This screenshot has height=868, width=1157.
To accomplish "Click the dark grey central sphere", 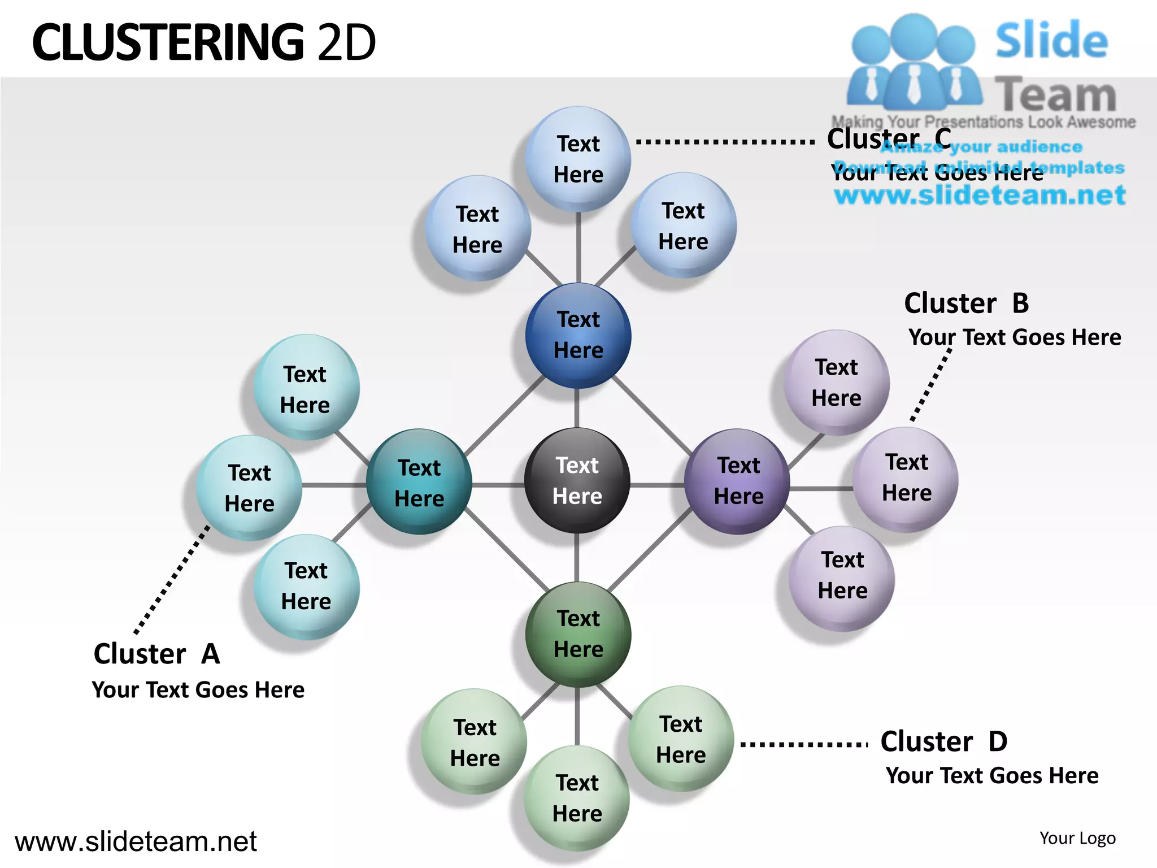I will tap(577, 480).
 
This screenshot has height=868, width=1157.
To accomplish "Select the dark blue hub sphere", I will tap(578, 335).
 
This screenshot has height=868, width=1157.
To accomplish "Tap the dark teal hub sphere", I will tap(419, 482).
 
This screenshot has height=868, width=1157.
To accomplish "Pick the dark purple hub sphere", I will tap(737, 481).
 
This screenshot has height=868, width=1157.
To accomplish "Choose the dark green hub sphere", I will tap(578, 634).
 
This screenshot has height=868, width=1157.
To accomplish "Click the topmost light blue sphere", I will tap(578, 159).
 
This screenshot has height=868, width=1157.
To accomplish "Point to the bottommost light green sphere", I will tap(576, 798).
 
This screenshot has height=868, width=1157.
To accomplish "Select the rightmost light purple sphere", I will tap(906, 479).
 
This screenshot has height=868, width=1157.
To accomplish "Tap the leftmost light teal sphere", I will tap(249, 488).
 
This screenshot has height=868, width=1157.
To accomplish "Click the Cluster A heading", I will tap(156, 654).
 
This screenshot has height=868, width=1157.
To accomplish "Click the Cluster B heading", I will tap(966, 303).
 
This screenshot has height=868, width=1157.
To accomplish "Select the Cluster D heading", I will tap(943, 741).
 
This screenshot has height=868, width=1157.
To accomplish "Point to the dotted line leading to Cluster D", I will tap(803, 744).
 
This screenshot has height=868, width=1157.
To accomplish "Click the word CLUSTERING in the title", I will tap(168, 43).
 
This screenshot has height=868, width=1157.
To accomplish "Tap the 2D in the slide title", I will tap(346, 43).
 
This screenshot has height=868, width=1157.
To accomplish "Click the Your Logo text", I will tap(1077, 838).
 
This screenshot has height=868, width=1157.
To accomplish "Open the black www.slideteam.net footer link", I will tap(136, 841).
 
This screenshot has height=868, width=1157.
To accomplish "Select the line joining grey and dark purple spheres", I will tap(656, 485).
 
